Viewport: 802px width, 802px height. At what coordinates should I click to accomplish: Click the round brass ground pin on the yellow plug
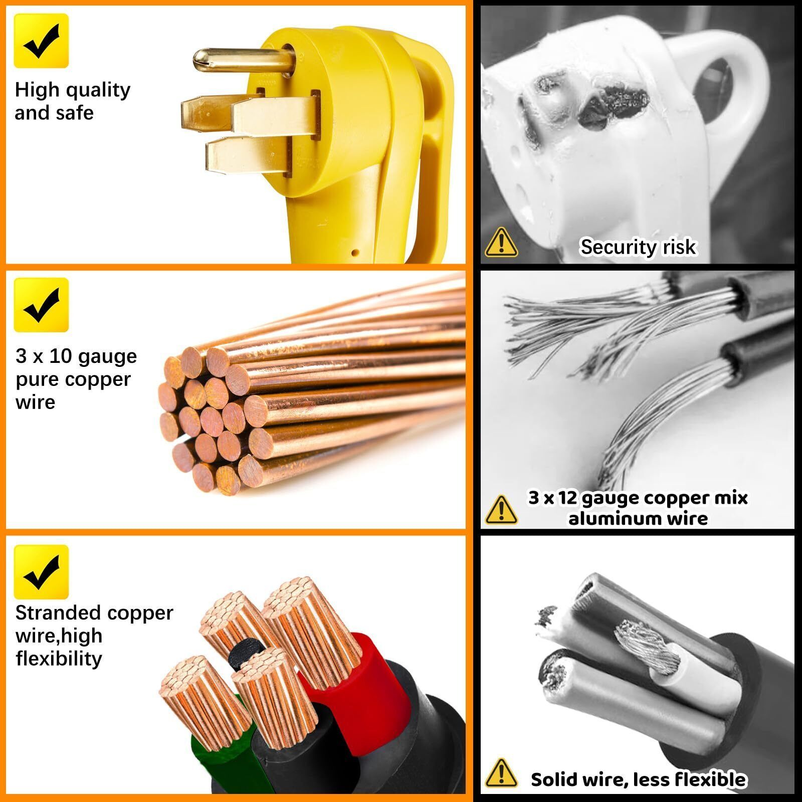241,61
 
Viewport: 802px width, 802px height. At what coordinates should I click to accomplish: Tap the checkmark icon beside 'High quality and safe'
41,41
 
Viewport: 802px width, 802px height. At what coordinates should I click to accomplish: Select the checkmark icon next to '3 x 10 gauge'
41,305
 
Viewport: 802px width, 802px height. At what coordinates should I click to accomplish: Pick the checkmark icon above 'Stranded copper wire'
41,572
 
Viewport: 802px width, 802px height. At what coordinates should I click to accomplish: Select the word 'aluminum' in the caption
611,518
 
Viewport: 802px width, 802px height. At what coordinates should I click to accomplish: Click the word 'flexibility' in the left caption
59,659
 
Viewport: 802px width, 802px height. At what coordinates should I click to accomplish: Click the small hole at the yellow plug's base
355,253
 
